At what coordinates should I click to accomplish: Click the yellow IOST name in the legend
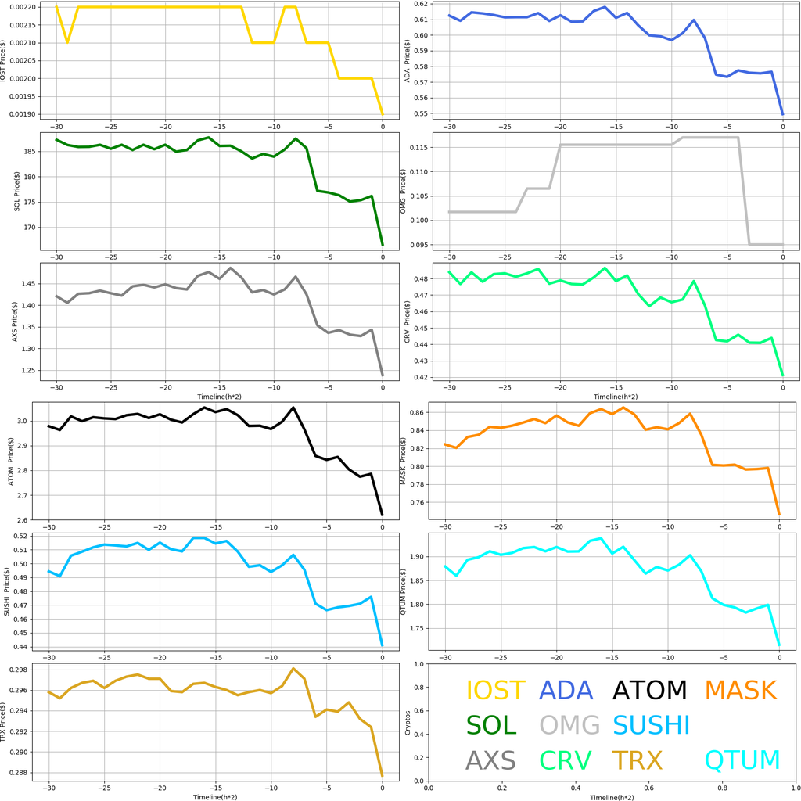[x=495, y=691]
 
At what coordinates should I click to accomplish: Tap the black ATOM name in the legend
[x=649, y=691]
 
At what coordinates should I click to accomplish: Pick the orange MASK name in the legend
[x=740, y=691]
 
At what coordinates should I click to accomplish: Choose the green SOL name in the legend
[x=491, y=725]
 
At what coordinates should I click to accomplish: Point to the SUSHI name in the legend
[x=651, y=725]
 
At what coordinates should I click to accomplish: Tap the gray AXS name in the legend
[x=490, y=760]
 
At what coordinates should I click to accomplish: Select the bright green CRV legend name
[x=566, y=760]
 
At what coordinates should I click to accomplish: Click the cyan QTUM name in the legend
[x=742, y=760]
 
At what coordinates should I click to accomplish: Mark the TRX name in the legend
[x=637, y=760]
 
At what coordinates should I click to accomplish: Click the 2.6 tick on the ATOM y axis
[x=28, y=520]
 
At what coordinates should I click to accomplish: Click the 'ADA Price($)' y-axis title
[x=408, y=59]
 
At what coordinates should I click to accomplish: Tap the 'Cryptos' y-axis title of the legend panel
[x=408, y=723]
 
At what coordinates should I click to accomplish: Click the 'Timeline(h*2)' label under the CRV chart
[x=616, y=397]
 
